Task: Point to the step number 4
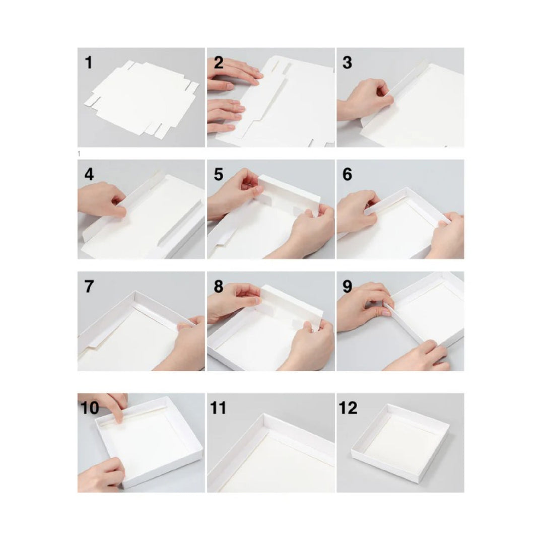tap(89, 175)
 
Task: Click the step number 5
tap(219, 175)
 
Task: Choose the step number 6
tap(348, 175)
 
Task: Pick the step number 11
tap(219, 408)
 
